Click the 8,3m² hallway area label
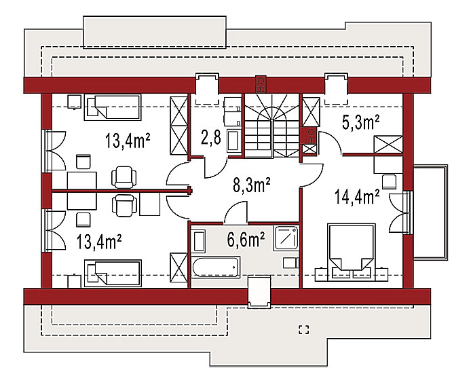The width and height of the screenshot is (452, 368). tap(251, 185)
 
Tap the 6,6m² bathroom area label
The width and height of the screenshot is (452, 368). tap(246, 240)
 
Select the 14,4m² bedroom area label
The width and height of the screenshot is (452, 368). tap(356, 197)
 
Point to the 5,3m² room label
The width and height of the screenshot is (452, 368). tap(360, 122)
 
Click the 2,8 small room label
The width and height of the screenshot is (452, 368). tap(211, 137)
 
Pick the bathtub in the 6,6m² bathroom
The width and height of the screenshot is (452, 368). tap(216, 267)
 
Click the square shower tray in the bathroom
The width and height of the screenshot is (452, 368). tap(286, 238)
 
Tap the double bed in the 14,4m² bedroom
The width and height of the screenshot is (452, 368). tap(352, 252)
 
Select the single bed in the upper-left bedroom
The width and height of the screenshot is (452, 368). tap(113, 107)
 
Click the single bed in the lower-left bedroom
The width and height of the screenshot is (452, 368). tap(113, 273)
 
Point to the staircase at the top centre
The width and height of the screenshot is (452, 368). tap(272, 126)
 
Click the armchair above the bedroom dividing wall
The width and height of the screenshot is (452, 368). tap(124, 177)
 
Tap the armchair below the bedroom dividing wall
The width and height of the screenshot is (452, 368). tap(124, 205)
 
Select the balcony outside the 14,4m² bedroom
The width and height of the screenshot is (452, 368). tap(430, 212)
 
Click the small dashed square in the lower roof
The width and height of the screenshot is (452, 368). tap(304, 330)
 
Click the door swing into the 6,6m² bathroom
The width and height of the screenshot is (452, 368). tap(236, 212)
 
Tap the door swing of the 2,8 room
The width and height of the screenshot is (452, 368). tap(216, 167)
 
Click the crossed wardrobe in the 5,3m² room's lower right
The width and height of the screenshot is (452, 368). tap(388, 144)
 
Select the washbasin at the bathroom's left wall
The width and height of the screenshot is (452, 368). tap(199, 241)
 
